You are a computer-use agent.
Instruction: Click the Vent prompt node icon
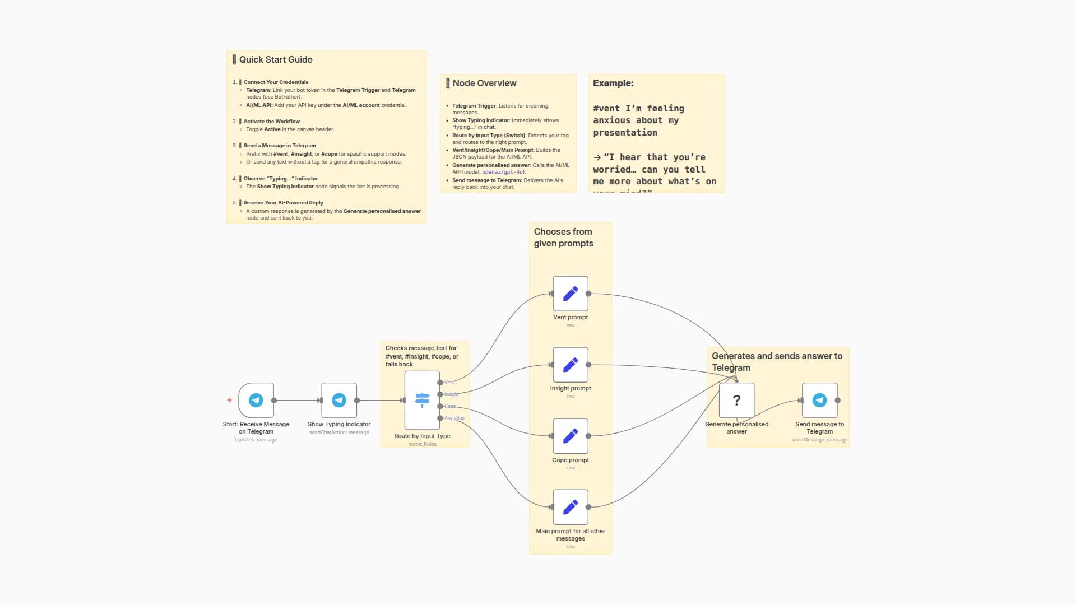[x=570, y=294]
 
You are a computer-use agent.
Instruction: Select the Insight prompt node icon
[x=570, y=365]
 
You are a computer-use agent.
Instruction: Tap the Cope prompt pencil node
[x=570, y=436]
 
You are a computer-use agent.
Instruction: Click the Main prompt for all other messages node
[x=570, y=507]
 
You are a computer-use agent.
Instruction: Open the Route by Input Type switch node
[x=422, y=400]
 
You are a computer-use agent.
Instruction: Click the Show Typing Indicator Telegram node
[x=338, y=400]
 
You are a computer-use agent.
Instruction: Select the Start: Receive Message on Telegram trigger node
[x=256, y=400]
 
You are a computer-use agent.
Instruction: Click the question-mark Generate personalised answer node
[x=736, y=400]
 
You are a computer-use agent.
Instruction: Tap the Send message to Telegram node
[x=819, y=400]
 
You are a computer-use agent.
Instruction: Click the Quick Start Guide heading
[x=275, y=59]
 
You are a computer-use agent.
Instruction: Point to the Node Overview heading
[x=484, y=83]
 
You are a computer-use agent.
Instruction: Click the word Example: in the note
[x=613, y=83]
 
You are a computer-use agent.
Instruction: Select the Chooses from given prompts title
[x=563, y=238]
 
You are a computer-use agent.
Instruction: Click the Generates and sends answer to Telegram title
[x=777, y=361]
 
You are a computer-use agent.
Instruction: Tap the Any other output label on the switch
[x=454, y=418]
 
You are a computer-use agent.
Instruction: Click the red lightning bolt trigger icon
[x=229, y=400]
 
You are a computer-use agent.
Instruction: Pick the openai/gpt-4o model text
[x=503, y=172]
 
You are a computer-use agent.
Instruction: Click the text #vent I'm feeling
[x=638, y=108]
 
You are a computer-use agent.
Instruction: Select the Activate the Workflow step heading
[x=271, y=121]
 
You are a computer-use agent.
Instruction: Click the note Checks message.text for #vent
[x=421, y=356]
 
